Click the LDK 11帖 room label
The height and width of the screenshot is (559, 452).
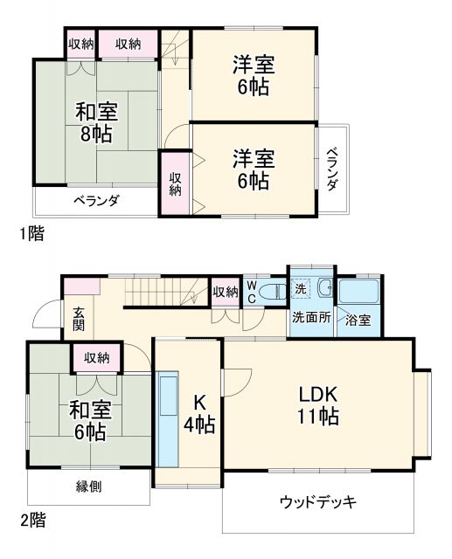click(x=317, y=404)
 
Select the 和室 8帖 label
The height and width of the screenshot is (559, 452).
click(x=95, y=123)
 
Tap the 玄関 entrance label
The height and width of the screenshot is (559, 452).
click(x=79, y=319)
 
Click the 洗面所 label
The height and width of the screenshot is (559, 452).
click(x=311, y=319)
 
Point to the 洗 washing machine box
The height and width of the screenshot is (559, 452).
click(x=299, y=288)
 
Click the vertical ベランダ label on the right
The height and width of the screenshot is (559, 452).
click(x=333, y=169)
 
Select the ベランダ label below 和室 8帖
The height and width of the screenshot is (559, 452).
click(x=95, y=200)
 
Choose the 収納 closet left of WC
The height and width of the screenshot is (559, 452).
click(x=225, y=292)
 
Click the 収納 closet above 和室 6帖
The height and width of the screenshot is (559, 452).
click(x=97, y=357)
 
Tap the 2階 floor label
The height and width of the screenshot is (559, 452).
click(x=33, y=521)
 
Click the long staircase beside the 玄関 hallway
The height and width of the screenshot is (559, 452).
click(x=165, y=293)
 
